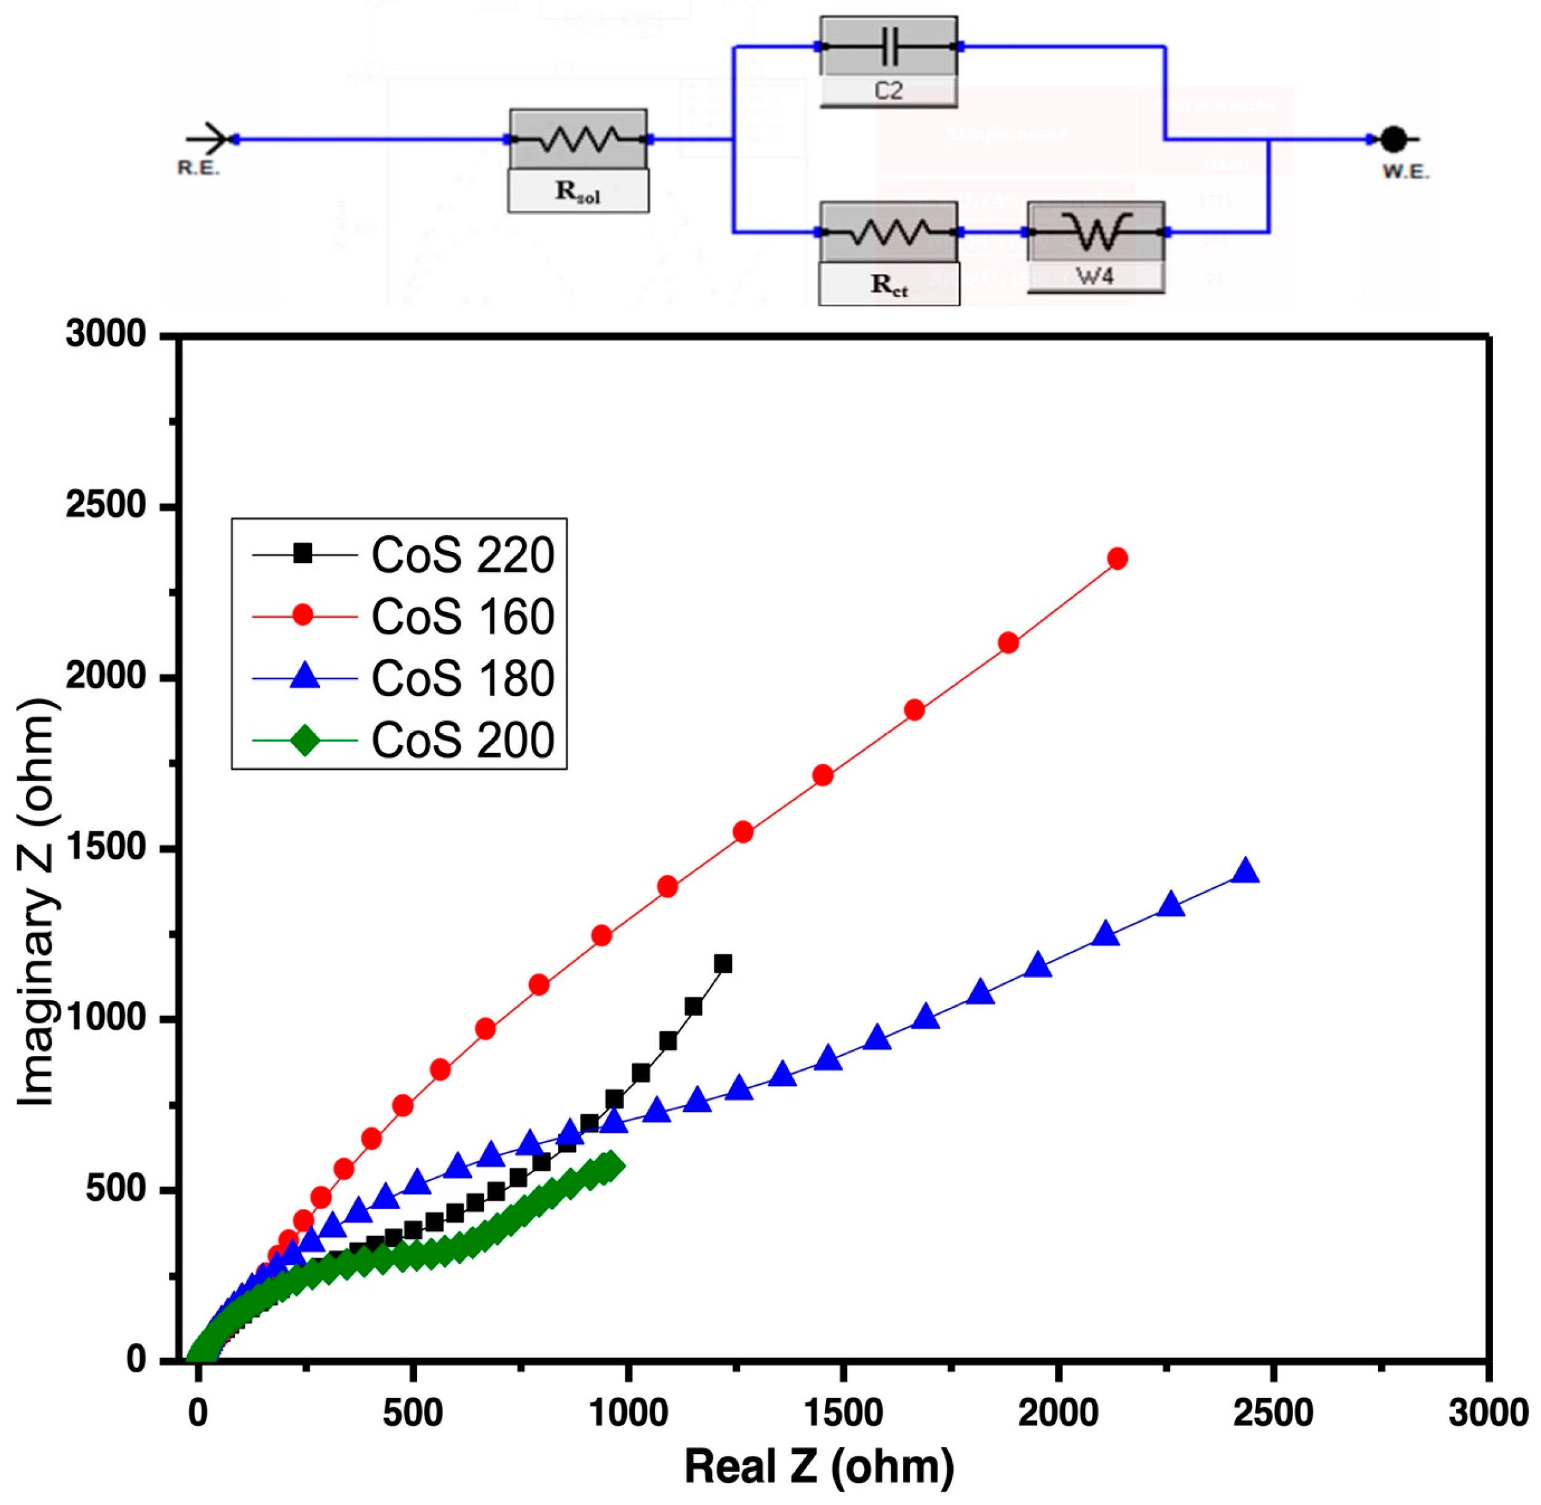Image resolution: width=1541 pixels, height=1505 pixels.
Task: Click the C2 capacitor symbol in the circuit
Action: [x=888, y=47]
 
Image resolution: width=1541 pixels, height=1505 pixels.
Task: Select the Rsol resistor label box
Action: [x=578, y=191]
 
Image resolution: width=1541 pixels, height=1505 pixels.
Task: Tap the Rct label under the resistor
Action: [x=888, y=284]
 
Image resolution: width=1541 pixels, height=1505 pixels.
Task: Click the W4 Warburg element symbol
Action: [x=1095, y=231]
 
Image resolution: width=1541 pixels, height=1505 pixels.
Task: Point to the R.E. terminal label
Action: [x=197, y=169]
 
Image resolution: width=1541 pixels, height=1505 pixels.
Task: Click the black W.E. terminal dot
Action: [x=1393, y=140]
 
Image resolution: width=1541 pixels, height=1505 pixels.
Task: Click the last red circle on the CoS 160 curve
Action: [x=1117, y=558]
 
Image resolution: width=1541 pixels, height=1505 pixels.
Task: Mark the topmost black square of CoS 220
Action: [x=722, y=964]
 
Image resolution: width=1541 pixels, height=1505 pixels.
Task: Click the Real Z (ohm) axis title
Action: [x=819, y=1467]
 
